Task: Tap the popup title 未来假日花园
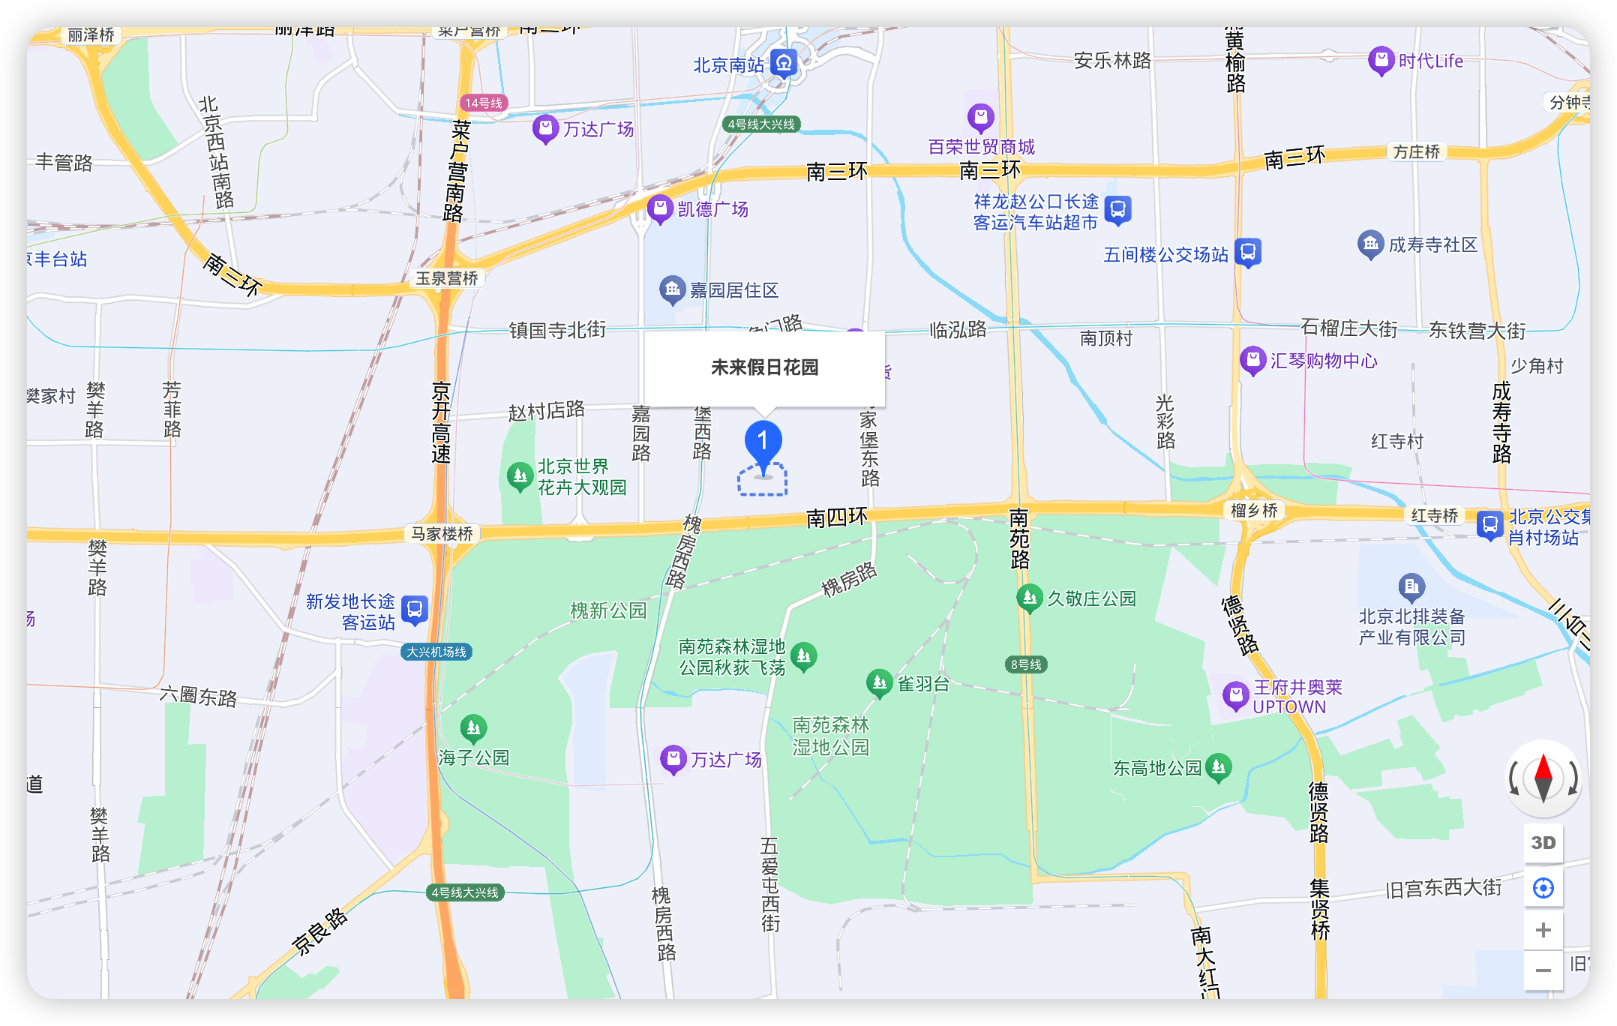click(x=764, y=367)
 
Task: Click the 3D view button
click(x=1543, y=842)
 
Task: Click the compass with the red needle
click(x=1543, y=778)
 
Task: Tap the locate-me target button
click(x=1543, y=888)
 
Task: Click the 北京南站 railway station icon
click(x=784, y=64)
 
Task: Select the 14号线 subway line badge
click(x=484, y=103)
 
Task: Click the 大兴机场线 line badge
click(x=436, y=652)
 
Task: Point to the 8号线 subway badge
click(x=1026, y=664)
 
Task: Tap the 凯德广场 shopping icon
click(x=660, y=208)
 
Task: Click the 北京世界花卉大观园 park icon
click(x=520, y=475)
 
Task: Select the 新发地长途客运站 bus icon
click(x=415, y=610)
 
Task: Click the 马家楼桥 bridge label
click(x=442, y=533)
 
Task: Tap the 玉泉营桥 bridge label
click(x=447, y=278)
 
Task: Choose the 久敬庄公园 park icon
click(x=1030, y=598)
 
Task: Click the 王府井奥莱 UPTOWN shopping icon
click(x=1235, y=695)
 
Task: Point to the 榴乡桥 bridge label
click(x=1254, y=511)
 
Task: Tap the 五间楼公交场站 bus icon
click(x=1248, y=252)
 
